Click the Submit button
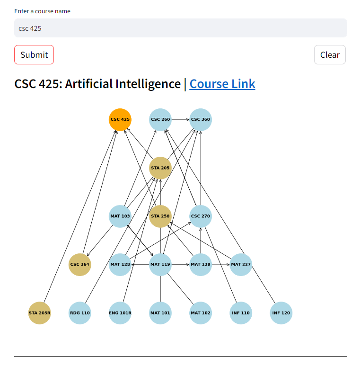[x=34, y=54]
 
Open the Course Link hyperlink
[x=222, y=84]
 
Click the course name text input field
[x=180, y=28]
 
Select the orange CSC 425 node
[x=120, y=119]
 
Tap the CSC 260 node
[x=160, y=119]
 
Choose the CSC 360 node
[x=201, y=119]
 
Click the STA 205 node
[x=160, y=168]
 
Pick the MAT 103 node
[x=120, y=216]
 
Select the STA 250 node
[x=160, y=216]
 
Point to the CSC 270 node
[x=201, y=216]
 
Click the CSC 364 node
[x=79, y=264]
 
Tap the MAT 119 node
[x=160, y=264]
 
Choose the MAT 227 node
[x=241, y=264]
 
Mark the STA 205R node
[x=39, y=313]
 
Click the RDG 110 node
[x=79, y=313]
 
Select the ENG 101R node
[x=120, y=313]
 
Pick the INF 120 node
[x=281, y=313]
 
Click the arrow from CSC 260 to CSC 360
[x=181, y=119]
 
